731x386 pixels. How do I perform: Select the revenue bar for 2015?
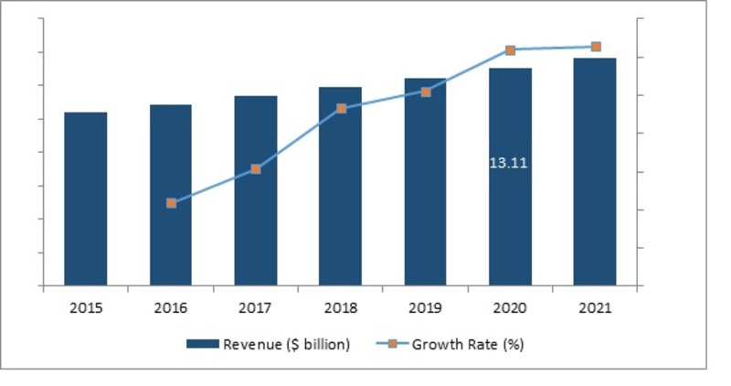click(85, 198)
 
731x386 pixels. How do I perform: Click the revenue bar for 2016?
click(171, 195)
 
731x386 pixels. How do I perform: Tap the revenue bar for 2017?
click(256, 190)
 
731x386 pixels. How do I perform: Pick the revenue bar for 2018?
click(341, 186)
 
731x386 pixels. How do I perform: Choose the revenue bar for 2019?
click(426, 181)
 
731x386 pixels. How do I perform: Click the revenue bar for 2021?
click(595, 171)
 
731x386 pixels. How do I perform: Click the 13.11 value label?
click(509, 164)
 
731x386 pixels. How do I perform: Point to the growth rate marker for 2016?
click(171, 203)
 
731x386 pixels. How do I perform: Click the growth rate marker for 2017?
click(256, 169)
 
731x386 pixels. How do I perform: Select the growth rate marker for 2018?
click(341, 108)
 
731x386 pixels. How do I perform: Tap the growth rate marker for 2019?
click(426, 91)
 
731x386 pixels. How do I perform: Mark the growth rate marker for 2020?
click(510, 50)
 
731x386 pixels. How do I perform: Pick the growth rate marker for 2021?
click(595, 47)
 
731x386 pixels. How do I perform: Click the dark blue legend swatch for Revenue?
click(202, 344)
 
